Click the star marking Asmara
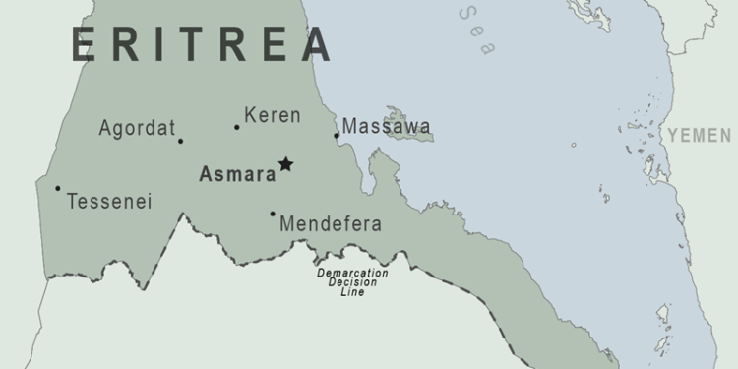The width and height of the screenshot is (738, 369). pyautogui.click(x=285, y=164)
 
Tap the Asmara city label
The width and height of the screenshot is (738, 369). pyautogui.click(x=237, y=175)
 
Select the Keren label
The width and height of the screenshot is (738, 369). pyautogui.click(x=273, y=116)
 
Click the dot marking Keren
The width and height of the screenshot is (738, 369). pyautogui.click(x=237, y=127)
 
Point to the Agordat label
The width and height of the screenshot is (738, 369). pyautogui.click(x=137, y=128)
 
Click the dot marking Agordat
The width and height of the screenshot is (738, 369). pyautogui.click(x=180, y=141)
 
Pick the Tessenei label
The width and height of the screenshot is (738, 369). pyautogui.click(x=109, y=202)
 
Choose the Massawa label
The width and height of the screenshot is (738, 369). pyautogui.click(x=387, y=126)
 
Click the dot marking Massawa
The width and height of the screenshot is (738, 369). pyautogui.click(x=337, y=136)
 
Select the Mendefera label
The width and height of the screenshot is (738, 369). pyautogui.click(x=331, y=224)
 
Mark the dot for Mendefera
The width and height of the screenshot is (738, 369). pyautogui.click(x=273, y=214)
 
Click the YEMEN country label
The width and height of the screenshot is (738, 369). pyautogui.click(x=700, y=135)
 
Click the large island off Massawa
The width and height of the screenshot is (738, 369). pyautogui.click(x=410, y=124)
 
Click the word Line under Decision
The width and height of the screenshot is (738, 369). pyautogui.click(x=352, y=292)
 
